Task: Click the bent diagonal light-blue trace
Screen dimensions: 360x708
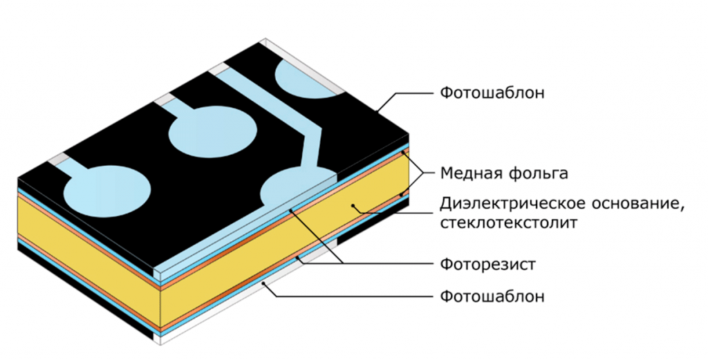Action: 290,117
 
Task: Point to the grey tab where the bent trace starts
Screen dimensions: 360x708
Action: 221,68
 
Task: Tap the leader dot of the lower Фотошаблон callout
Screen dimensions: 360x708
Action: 265,283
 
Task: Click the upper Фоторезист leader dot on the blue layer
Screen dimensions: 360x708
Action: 291,209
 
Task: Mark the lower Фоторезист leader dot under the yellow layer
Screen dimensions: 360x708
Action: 299,258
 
